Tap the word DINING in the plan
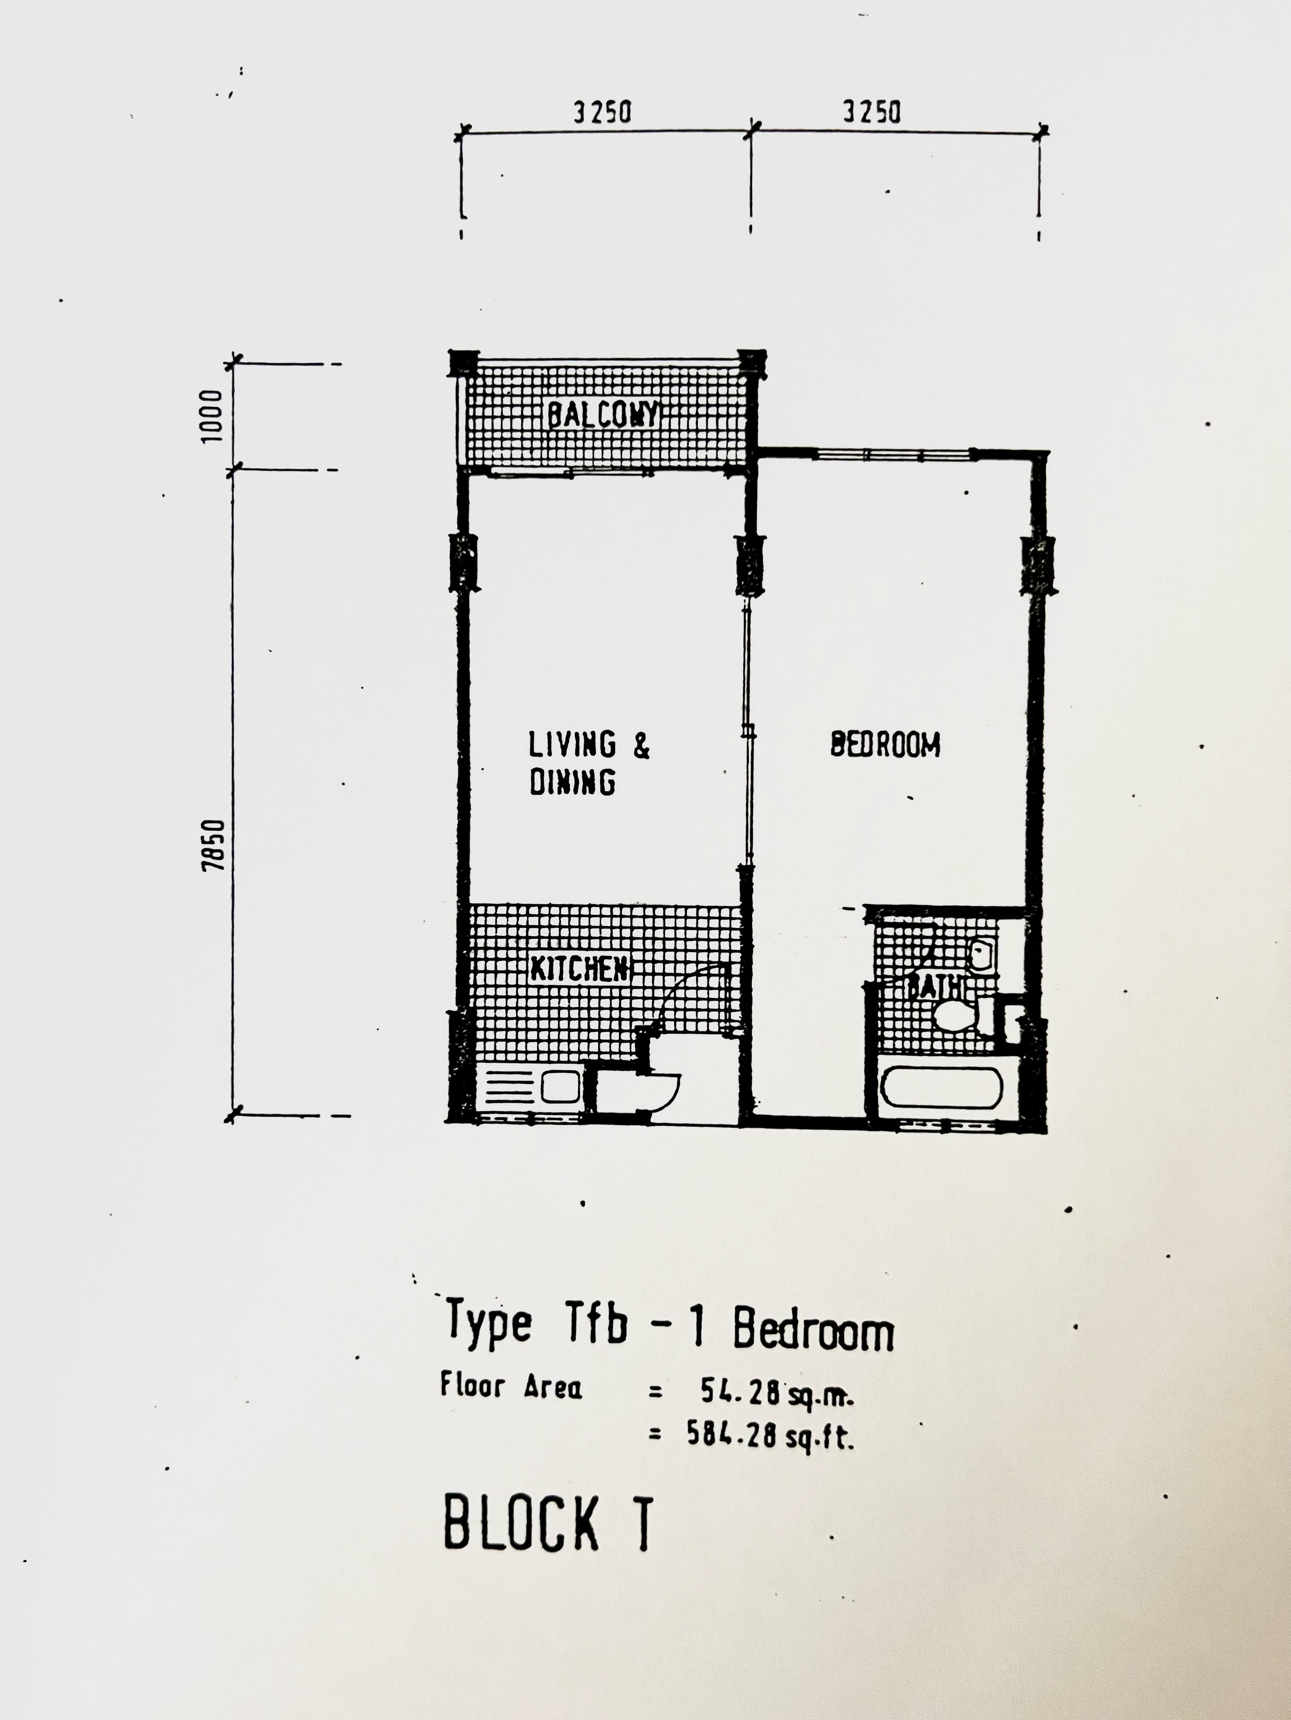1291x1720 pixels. [x=572, y=782]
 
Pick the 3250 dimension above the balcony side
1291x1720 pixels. [x=602, y=114]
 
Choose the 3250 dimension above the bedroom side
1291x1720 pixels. [x=872, y=114]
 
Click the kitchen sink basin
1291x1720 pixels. [x=560, y=1087]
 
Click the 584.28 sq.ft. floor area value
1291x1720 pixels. [x=770, y=1435]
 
